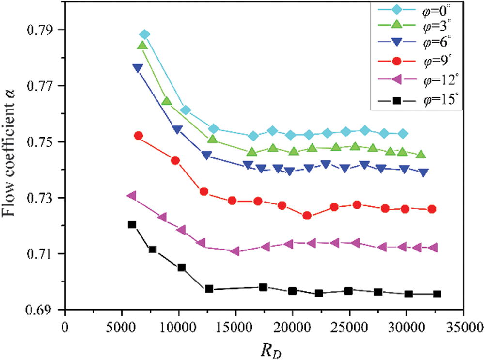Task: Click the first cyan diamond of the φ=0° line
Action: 144,34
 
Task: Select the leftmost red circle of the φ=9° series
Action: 138,136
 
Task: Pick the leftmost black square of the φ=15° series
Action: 132,224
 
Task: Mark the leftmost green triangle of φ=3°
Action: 142,46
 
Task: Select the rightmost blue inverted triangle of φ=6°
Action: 424,172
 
